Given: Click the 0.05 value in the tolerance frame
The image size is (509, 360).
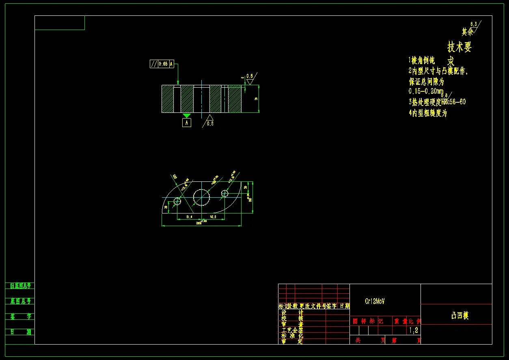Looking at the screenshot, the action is point(163,64).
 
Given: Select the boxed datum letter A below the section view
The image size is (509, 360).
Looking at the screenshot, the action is point(186,122).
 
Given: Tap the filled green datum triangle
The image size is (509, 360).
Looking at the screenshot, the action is point(186,115).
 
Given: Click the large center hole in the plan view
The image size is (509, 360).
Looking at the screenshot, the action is point(201,197).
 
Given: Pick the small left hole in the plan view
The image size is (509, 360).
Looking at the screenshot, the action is point(177,201).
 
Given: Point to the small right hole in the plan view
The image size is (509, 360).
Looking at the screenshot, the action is point(224,194).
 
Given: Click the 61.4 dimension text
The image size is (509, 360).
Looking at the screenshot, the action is point(189,217).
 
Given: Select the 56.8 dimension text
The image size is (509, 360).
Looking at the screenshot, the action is point(213,217).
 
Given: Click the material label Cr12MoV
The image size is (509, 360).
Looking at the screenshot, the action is point(375,301).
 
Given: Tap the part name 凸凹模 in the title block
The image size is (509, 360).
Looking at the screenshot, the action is point(460,316).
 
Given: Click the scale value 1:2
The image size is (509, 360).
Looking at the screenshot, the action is point(414,330).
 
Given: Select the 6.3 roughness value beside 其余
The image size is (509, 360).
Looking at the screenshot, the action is point(474,24).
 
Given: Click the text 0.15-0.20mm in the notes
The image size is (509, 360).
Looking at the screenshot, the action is point(426,91).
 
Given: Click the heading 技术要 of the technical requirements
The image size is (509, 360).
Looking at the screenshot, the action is point(459,47).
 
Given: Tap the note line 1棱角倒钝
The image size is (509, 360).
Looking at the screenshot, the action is point(422,60).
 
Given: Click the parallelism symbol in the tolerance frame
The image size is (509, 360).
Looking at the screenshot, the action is point(154,64).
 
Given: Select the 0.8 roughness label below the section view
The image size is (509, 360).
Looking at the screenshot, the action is point(210,123).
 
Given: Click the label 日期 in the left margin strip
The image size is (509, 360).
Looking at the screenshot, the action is point(20,332).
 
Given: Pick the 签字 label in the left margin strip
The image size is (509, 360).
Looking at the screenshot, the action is point(20,317).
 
